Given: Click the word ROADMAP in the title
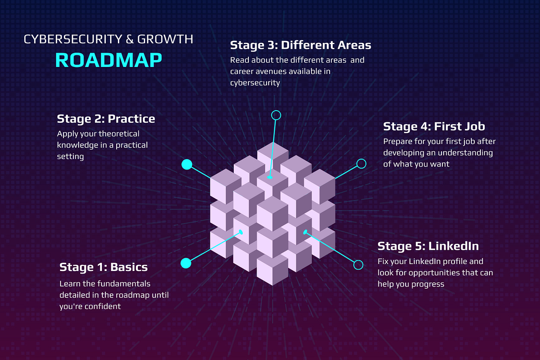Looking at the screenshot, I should [108, 60].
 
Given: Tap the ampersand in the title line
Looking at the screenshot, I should [129, 39].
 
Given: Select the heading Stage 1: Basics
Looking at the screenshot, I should [103, 267].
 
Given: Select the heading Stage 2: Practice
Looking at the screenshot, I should [106, 118].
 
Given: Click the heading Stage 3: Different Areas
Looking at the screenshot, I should [300, 45].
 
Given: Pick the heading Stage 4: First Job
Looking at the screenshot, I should [434, 126].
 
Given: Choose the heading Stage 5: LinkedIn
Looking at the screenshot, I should [428, 246].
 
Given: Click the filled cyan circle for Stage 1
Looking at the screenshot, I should [186, 263].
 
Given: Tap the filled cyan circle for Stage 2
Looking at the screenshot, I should [187, 164].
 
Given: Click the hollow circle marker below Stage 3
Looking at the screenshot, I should [276, 115].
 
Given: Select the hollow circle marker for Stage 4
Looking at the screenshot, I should [361, 163].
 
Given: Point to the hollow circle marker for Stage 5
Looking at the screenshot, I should [358, 264].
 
